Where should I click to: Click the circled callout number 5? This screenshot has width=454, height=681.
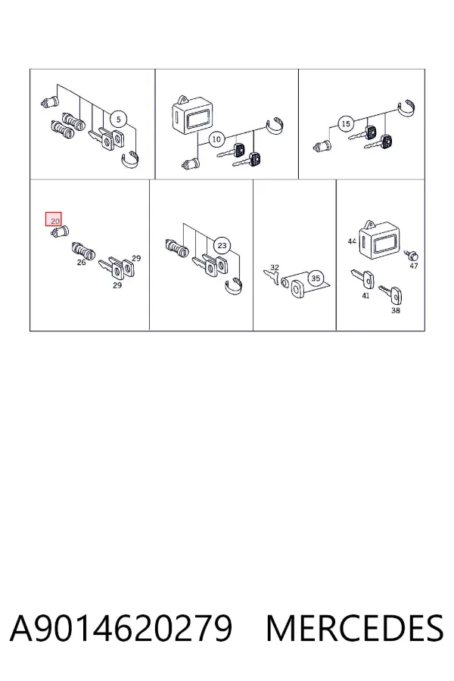(119, 119)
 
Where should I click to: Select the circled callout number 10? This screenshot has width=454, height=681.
(216, 139)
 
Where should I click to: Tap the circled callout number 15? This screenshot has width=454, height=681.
(346, 124)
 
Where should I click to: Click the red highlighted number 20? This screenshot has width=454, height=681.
(54, 219)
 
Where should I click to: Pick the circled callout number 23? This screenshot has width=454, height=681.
(222, 245)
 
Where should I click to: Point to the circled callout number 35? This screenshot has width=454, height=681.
(316, 278)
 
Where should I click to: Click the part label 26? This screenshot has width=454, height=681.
(81, 263)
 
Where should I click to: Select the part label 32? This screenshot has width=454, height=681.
(275, 268)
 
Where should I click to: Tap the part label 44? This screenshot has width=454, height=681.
(352, 241)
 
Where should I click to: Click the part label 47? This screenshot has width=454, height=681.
(414, 266)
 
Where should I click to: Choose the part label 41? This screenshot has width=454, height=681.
(365, 296)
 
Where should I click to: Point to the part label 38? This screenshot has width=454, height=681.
(395, 310)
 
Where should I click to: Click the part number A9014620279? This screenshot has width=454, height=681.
(121, 628)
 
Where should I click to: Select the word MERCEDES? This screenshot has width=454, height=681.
(355, 628)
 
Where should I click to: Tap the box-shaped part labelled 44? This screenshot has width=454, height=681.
(380, 241)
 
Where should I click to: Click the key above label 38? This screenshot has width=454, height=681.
(390, 294)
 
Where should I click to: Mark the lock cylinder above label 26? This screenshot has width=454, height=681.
(83, 251)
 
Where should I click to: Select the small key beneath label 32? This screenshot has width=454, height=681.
(271, 278)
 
